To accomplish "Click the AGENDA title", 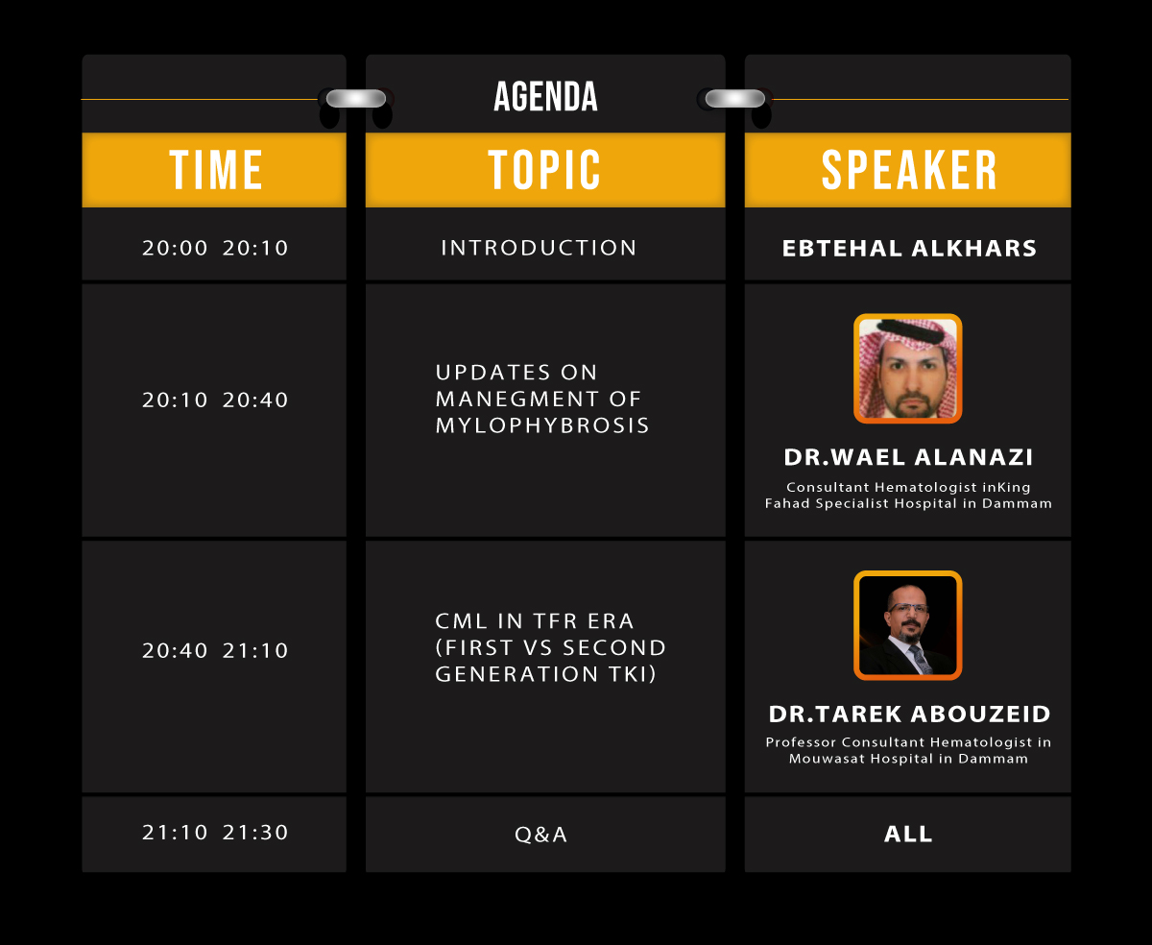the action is (x=545, y=97).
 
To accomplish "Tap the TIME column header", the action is (x=216, y=170).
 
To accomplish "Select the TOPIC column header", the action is (x=544, y=170).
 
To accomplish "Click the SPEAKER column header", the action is (x=909, y=170).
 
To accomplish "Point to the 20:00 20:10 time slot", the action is (x=215, y=248).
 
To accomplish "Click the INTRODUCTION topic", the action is (x=539, y=248).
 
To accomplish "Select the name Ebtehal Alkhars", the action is (x=909, y=249).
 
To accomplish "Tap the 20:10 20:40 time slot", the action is (x=215, y=400).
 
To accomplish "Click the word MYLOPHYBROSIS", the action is (x=541, y=425).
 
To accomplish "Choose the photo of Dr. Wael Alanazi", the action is (x=908, y=369).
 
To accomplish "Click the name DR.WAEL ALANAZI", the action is (x=908, y=457).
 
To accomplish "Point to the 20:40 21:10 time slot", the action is (x=215, y=650).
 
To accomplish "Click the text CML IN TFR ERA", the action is (x=534, y=621).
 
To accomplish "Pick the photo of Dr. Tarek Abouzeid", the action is (x=908, y=625).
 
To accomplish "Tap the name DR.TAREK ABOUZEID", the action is (x=909, y=715).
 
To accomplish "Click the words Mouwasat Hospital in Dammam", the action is (x=908, y=759).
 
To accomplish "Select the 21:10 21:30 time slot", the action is (x=215, y=833).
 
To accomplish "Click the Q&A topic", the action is (x=540, y=835).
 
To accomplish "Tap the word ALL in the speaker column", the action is (x=908, y=834).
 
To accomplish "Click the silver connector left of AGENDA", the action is (x=355, y=98).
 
